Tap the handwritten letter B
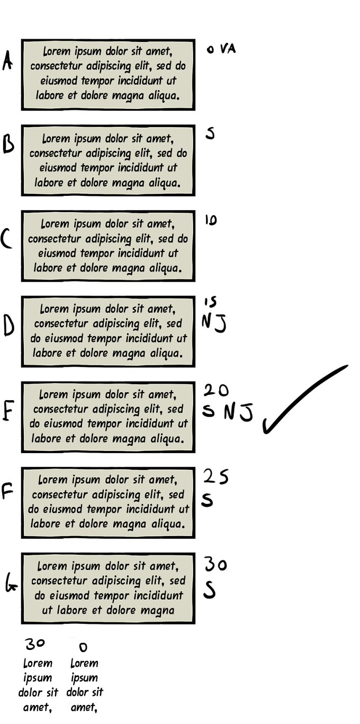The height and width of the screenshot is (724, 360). [x=8, y=144]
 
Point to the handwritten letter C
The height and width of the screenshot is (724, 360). [x=6, y=239]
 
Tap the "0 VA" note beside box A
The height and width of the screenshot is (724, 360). [x=221, y=49]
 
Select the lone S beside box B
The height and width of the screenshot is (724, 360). [x=210, y=133]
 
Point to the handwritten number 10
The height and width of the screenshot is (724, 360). [x=211, y=221]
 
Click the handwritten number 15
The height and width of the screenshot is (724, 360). [x=210, y=302]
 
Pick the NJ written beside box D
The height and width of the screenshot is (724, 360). [x=214, y=323]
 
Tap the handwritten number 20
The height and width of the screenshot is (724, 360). [x=216, y=391]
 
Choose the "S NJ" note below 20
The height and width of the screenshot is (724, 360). [x=228, y=412]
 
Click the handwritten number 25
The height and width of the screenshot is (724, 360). [x=216, y=477]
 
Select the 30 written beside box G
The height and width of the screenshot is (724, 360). [x=215, y=565]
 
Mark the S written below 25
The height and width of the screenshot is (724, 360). [x=208, y=500]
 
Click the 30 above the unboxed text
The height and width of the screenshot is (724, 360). [x=35, y=644]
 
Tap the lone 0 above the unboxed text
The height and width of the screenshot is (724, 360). [x=83, y=647]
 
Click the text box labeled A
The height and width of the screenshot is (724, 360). [x=108, y=75]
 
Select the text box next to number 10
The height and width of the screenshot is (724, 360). [x=108, y=246]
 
